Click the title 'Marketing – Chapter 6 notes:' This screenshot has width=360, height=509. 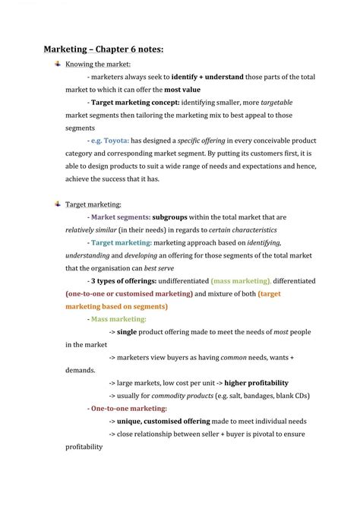[103, 49]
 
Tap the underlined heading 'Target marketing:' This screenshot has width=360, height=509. [93, 204]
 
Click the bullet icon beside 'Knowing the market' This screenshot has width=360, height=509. [57, 64]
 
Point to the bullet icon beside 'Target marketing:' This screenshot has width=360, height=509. [57, 204]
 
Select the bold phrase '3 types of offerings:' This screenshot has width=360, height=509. [125, 281]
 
